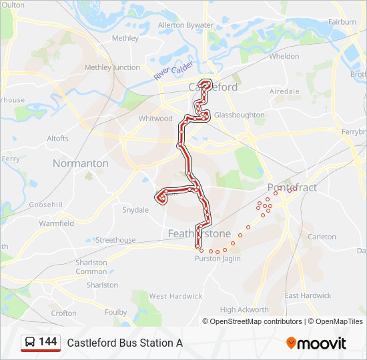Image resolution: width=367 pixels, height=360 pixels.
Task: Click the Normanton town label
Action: pos(80,163)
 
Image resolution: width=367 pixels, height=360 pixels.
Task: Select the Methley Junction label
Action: pos(112,67)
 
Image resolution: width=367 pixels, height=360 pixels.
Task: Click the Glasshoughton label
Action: pos(240,115)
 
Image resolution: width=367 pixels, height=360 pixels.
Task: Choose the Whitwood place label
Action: pos(155,119)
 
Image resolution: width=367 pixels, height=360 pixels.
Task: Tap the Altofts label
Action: pos(57,139)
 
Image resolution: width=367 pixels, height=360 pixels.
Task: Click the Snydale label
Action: pos(135,210)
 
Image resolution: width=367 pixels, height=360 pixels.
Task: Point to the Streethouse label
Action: pos(116,240)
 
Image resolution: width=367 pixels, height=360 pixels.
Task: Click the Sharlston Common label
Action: pos(91,267)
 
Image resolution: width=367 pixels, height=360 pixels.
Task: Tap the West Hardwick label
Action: pos(175,296)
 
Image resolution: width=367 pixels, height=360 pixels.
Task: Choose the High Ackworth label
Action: pos(244,309)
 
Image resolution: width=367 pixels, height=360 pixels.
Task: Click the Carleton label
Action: pos(322,237)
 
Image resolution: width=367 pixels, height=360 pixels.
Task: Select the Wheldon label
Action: pos(284,57)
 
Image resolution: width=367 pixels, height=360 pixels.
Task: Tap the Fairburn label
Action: pos(342,22)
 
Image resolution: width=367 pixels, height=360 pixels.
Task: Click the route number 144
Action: pos(47,342)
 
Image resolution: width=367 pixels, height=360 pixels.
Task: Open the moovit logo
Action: pos(316,343)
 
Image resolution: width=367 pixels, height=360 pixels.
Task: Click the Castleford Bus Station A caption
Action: pos(124,343)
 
